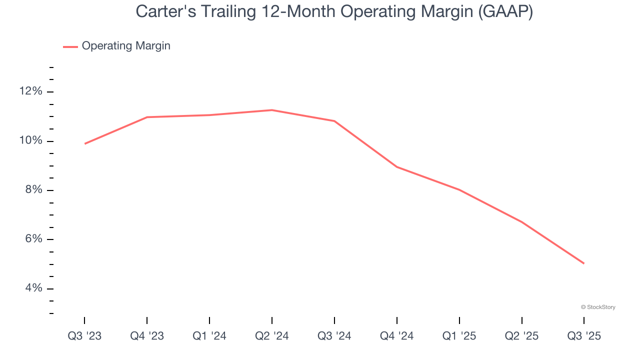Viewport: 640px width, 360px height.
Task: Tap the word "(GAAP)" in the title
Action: (505, 12)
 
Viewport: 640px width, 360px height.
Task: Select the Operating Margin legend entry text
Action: (126, 46)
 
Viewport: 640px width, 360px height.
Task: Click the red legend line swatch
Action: (70, 46)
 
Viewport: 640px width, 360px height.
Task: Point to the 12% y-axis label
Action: (31, 91)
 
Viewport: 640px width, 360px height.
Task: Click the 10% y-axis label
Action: (31, 141)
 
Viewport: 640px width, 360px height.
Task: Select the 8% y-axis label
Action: (33, 190)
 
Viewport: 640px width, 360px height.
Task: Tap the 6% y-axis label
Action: (33, 239)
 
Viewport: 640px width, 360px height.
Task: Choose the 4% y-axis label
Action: (33, 288)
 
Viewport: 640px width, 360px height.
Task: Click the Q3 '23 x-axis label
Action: (84, 336)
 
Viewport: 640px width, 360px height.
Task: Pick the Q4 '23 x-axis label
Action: (147, 336)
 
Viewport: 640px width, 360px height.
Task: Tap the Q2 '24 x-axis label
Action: (272, 336)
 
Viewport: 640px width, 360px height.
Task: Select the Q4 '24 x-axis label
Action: (397, 336)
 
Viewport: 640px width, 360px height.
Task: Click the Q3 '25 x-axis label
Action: (584, 336)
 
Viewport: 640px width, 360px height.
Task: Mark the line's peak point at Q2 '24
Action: (271, 110)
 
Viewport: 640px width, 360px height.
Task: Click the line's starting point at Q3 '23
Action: (85, 143)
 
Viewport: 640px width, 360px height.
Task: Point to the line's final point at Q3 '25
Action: (583, 263)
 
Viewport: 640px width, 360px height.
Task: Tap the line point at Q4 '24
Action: (397, 167)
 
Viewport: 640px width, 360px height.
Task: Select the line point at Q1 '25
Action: (459, 189)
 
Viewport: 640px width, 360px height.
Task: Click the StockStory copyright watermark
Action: (598, 307)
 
